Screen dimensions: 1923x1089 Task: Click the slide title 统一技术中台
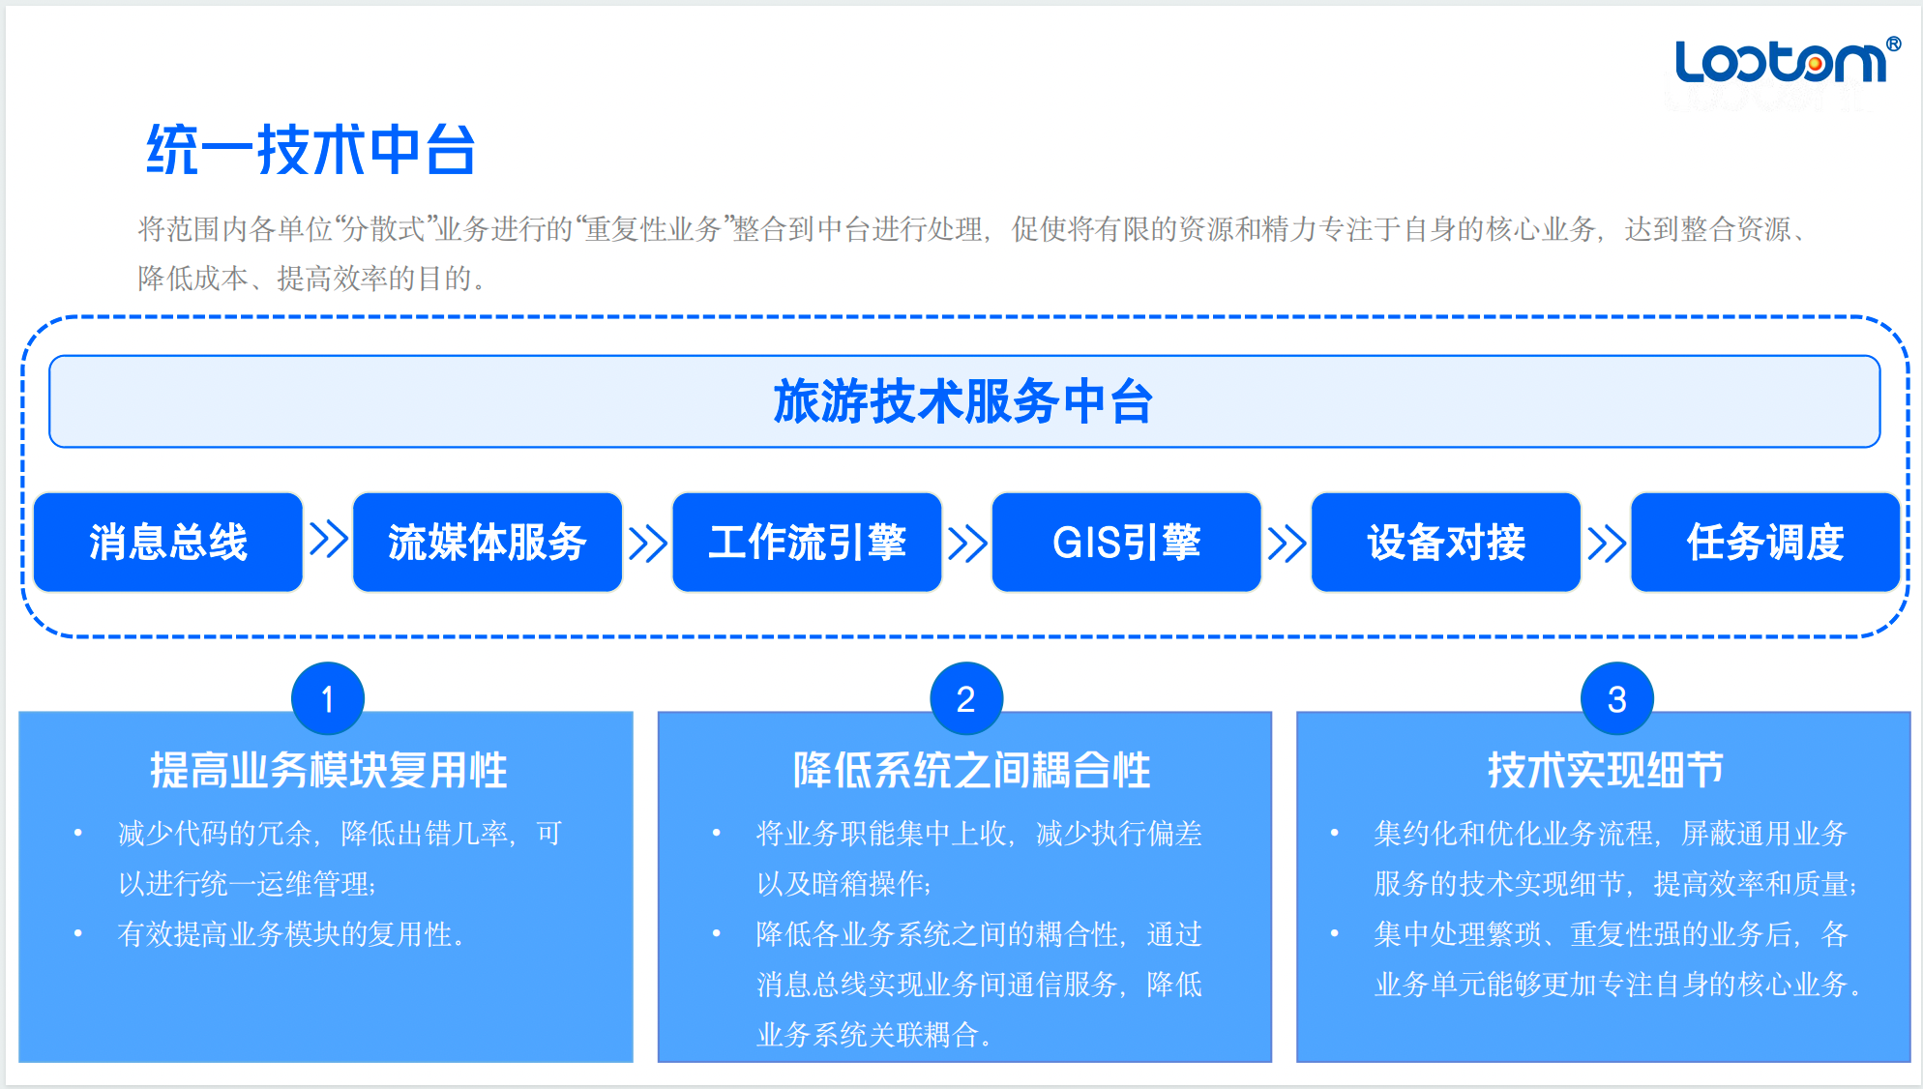(311, 150)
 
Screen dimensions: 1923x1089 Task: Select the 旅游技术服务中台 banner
(964, 401)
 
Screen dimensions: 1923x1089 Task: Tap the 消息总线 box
(168, 542)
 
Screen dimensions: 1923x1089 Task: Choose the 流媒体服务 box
(488, 542)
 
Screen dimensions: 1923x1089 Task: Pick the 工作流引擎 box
(807, 542)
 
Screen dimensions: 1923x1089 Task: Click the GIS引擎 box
(1126, 542)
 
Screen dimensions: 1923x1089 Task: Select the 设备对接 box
(1446, 542)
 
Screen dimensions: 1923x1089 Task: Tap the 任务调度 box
(1765, 542)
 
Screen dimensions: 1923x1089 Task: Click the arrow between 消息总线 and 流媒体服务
(328, 540)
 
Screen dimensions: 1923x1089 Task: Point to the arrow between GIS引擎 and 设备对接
(1287, 544)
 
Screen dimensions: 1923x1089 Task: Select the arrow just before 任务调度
(1606, 544)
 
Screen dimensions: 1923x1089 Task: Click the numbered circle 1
(328, 698)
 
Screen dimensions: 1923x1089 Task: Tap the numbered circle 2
(966, 698)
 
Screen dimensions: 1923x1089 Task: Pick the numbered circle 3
(1617, 698)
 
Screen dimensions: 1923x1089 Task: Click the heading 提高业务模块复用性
(329, 771)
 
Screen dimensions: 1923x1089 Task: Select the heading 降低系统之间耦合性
(971, 771)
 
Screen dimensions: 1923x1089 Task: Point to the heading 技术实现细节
(1606, 771)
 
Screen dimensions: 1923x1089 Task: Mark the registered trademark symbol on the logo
(1893, 44)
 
